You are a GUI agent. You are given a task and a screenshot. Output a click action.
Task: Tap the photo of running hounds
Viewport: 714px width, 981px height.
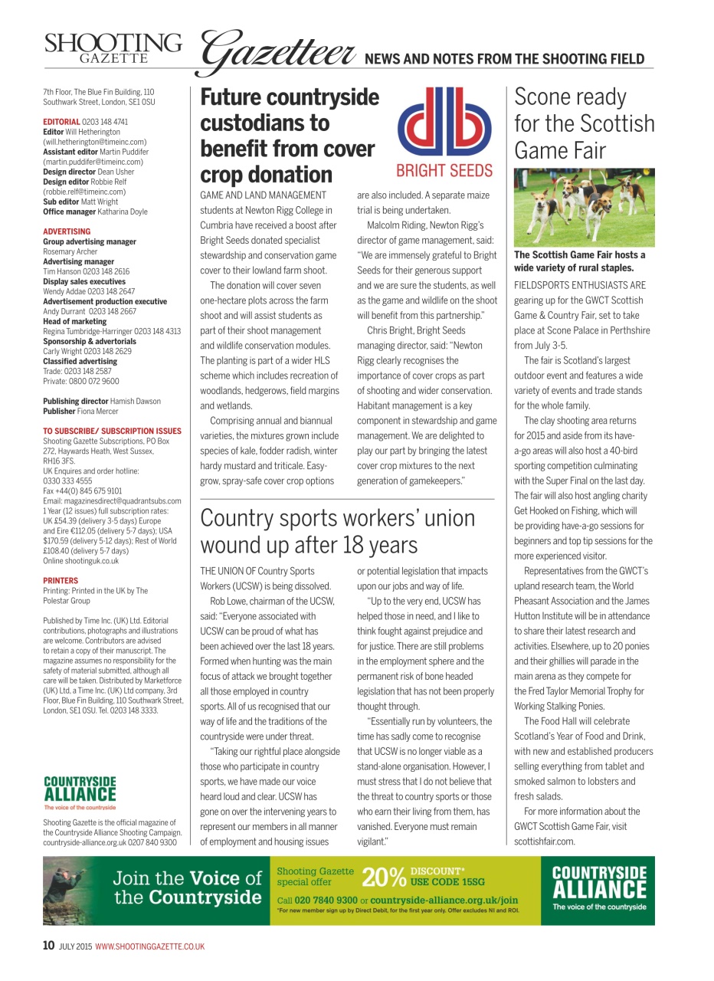584,207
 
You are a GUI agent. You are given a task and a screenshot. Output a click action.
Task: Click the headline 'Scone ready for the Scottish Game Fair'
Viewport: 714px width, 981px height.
584,123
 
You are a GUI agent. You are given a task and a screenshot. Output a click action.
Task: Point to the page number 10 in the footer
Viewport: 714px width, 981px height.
47,946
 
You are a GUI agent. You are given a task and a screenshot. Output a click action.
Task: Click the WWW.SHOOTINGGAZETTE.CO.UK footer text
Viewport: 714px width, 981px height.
149,947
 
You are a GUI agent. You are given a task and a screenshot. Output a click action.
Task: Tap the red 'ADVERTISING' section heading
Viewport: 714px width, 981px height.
67,231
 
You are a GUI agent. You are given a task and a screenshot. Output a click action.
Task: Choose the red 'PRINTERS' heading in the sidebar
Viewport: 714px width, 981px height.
61,581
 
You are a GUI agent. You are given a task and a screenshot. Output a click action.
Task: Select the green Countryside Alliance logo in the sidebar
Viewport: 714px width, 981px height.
80,792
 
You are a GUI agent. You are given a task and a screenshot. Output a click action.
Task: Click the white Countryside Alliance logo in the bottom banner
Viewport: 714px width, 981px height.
599,887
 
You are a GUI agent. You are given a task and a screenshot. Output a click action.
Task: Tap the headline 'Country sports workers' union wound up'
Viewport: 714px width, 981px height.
337,531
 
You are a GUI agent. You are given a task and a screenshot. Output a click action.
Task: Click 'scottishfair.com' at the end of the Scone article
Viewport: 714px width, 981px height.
544,841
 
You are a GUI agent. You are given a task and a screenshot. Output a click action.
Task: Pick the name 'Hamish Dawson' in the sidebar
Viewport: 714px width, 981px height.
135,401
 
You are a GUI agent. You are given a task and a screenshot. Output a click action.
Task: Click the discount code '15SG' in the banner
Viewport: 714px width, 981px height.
470,882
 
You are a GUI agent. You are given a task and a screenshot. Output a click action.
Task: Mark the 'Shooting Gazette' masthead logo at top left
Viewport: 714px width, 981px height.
113,48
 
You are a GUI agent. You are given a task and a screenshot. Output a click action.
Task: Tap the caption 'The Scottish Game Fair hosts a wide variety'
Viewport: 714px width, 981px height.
579,261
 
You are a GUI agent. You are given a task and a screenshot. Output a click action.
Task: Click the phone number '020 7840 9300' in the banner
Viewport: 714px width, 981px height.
326,900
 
